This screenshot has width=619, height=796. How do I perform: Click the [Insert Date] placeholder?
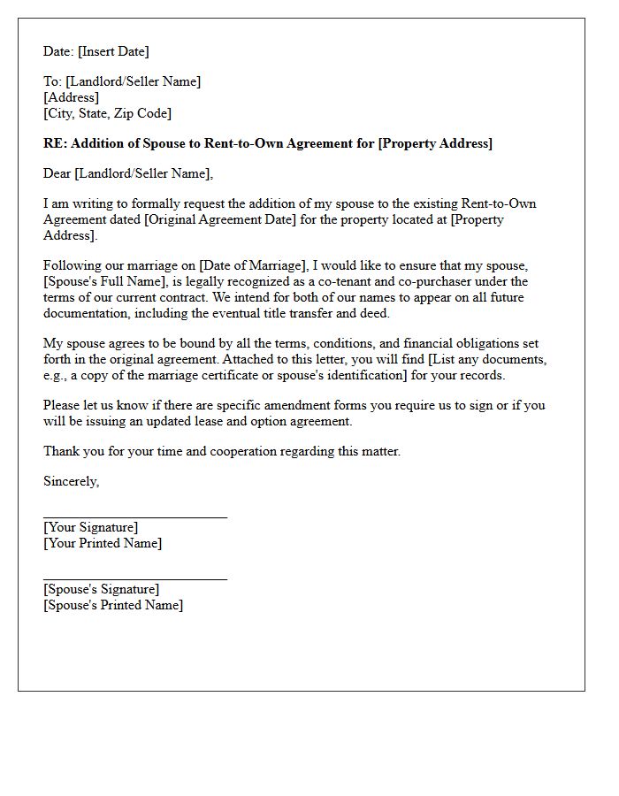pos(114,51)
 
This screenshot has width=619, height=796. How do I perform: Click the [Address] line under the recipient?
pos(71,97)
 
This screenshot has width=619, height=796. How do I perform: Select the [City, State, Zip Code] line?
pos(107,113)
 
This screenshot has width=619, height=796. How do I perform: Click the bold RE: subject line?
pos(268,142)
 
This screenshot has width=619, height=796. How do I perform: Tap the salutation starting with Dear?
pos(128,173)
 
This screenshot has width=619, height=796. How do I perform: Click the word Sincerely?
pos(71,482)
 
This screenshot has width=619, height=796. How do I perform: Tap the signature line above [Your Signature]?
pos(134,516)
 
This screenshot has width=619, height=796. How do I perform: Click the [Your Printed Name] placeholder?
pos(103,543)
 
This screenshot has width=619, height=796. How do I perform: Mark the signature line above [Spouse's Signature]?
pos(134,578)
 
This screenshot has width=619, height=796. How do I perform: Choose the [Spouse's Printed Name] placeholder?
pos(113,605)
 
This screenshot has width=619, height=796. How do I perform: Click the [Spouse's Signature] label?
pos(102,589)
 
